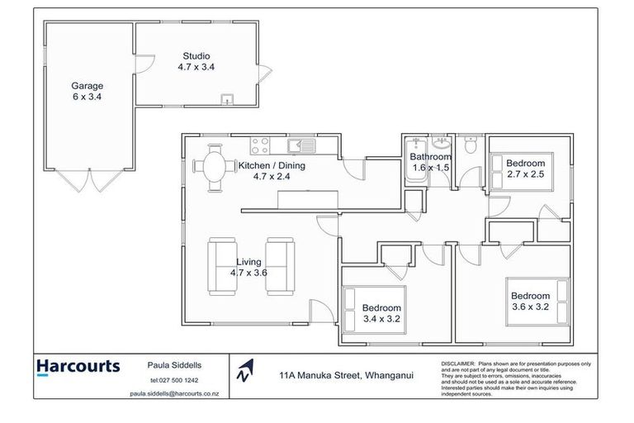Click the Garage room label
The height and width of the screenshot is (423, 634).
(86, 90)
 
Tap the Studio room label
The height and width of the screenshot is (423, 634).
(196, 63)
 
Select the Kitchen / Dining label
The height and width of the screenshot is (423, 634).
(272, 171)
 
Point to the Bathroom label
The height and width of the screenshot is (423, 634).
(432, 162)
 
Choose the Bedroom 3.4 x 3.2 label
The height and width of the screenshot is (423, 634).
(381, 313)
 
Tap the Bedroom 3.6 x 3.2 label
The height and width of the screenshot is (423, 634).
(530, 301)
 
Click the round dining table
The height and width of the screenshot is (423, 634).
(214, 166)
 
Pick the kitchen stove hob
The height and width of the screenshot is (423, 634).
(259, 147)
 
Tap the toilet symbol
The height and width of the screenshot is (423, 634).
(469, 146)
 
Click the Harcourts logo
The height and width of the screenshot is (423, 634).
(78, 366)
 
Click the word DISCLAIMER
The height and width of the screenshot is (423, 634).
(458, 362)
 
